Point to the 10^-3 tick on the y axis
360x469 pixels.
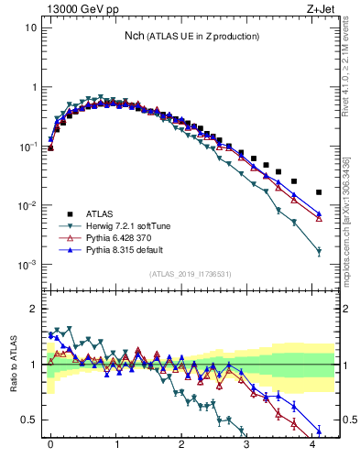coord(27,265)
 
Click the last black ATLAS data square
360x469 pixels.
coord(319,192)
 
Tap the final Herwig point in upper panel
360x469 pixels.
coord(319,251)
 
